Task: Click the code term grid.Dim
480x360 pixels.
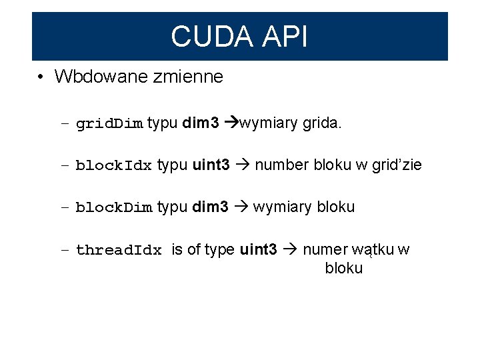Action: tap(109, 124)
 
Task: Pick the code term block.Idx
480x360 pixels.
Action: tap(114, 166)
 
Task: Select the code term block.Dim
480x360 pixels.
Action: tap(114, 208)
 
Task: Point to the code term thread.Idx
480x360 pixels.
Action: tap(119, 251)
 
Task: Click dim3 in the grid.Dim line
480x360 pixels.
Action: tap(201, 123)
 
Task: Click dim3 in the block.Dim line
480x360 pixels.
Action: tap(211, 207)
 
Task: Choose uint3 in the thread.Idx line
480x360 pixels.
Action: tap(258, 250)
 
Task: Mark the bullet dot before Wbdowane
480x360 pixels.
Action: tap(41, 77)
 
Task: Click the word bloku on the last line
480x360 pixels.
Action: tap(344, 268)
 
